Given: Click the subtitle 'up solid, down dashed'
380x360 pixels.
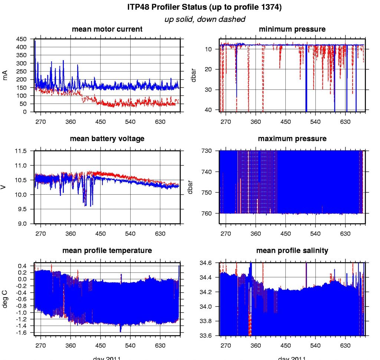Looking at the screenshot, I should (x=204, y=19).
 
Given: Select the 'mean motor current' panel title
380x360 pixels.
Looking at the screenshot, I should (x=107, y=29).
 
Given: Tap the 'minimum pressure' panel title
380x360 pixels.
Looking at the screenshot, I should (x=292, y=29).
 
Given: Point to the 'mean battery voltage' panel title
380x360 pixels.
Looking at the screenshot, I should (x=107, y=139).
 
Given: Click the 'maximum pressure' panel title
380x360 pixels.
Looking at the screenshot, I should (x=292, y=139).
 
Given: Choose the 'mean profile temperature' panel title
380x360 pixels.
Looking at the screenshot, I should (x=107, y=251).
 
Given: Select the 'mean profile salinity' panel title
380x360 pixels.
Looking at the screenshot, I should (x=292, y=251).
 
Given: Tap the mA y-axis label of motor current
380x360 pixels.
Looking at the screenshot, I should (x=5, y=76).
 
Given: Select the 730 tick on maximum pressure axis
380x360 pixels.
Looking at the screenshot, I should (x=207, y=151).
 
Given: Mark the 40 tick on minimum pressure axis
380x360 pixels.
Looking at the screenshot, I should (x=209, y=110).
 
